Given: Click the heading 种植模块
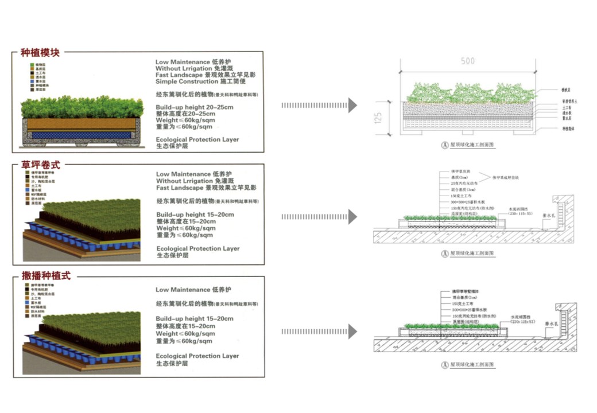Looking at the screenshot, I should (40, 53).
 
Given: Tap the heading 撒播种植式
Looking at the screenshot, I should (45, 275).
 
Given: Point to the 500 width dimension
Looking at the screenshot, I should (468, 62).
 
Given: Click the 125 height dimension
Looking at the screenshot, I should (377, 118).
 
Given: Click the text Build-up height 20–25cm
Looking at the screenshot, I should (195, 107).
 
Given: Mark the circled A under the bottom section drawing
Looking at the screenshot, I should (444, 365).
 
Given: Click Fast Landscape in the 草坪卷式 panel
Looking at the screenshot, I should (179, 188).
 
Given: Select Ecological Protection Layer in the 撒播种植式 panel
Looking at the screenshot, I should (197, 356).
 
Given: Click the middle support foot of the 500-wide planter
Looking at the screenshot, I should (468, 133).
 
